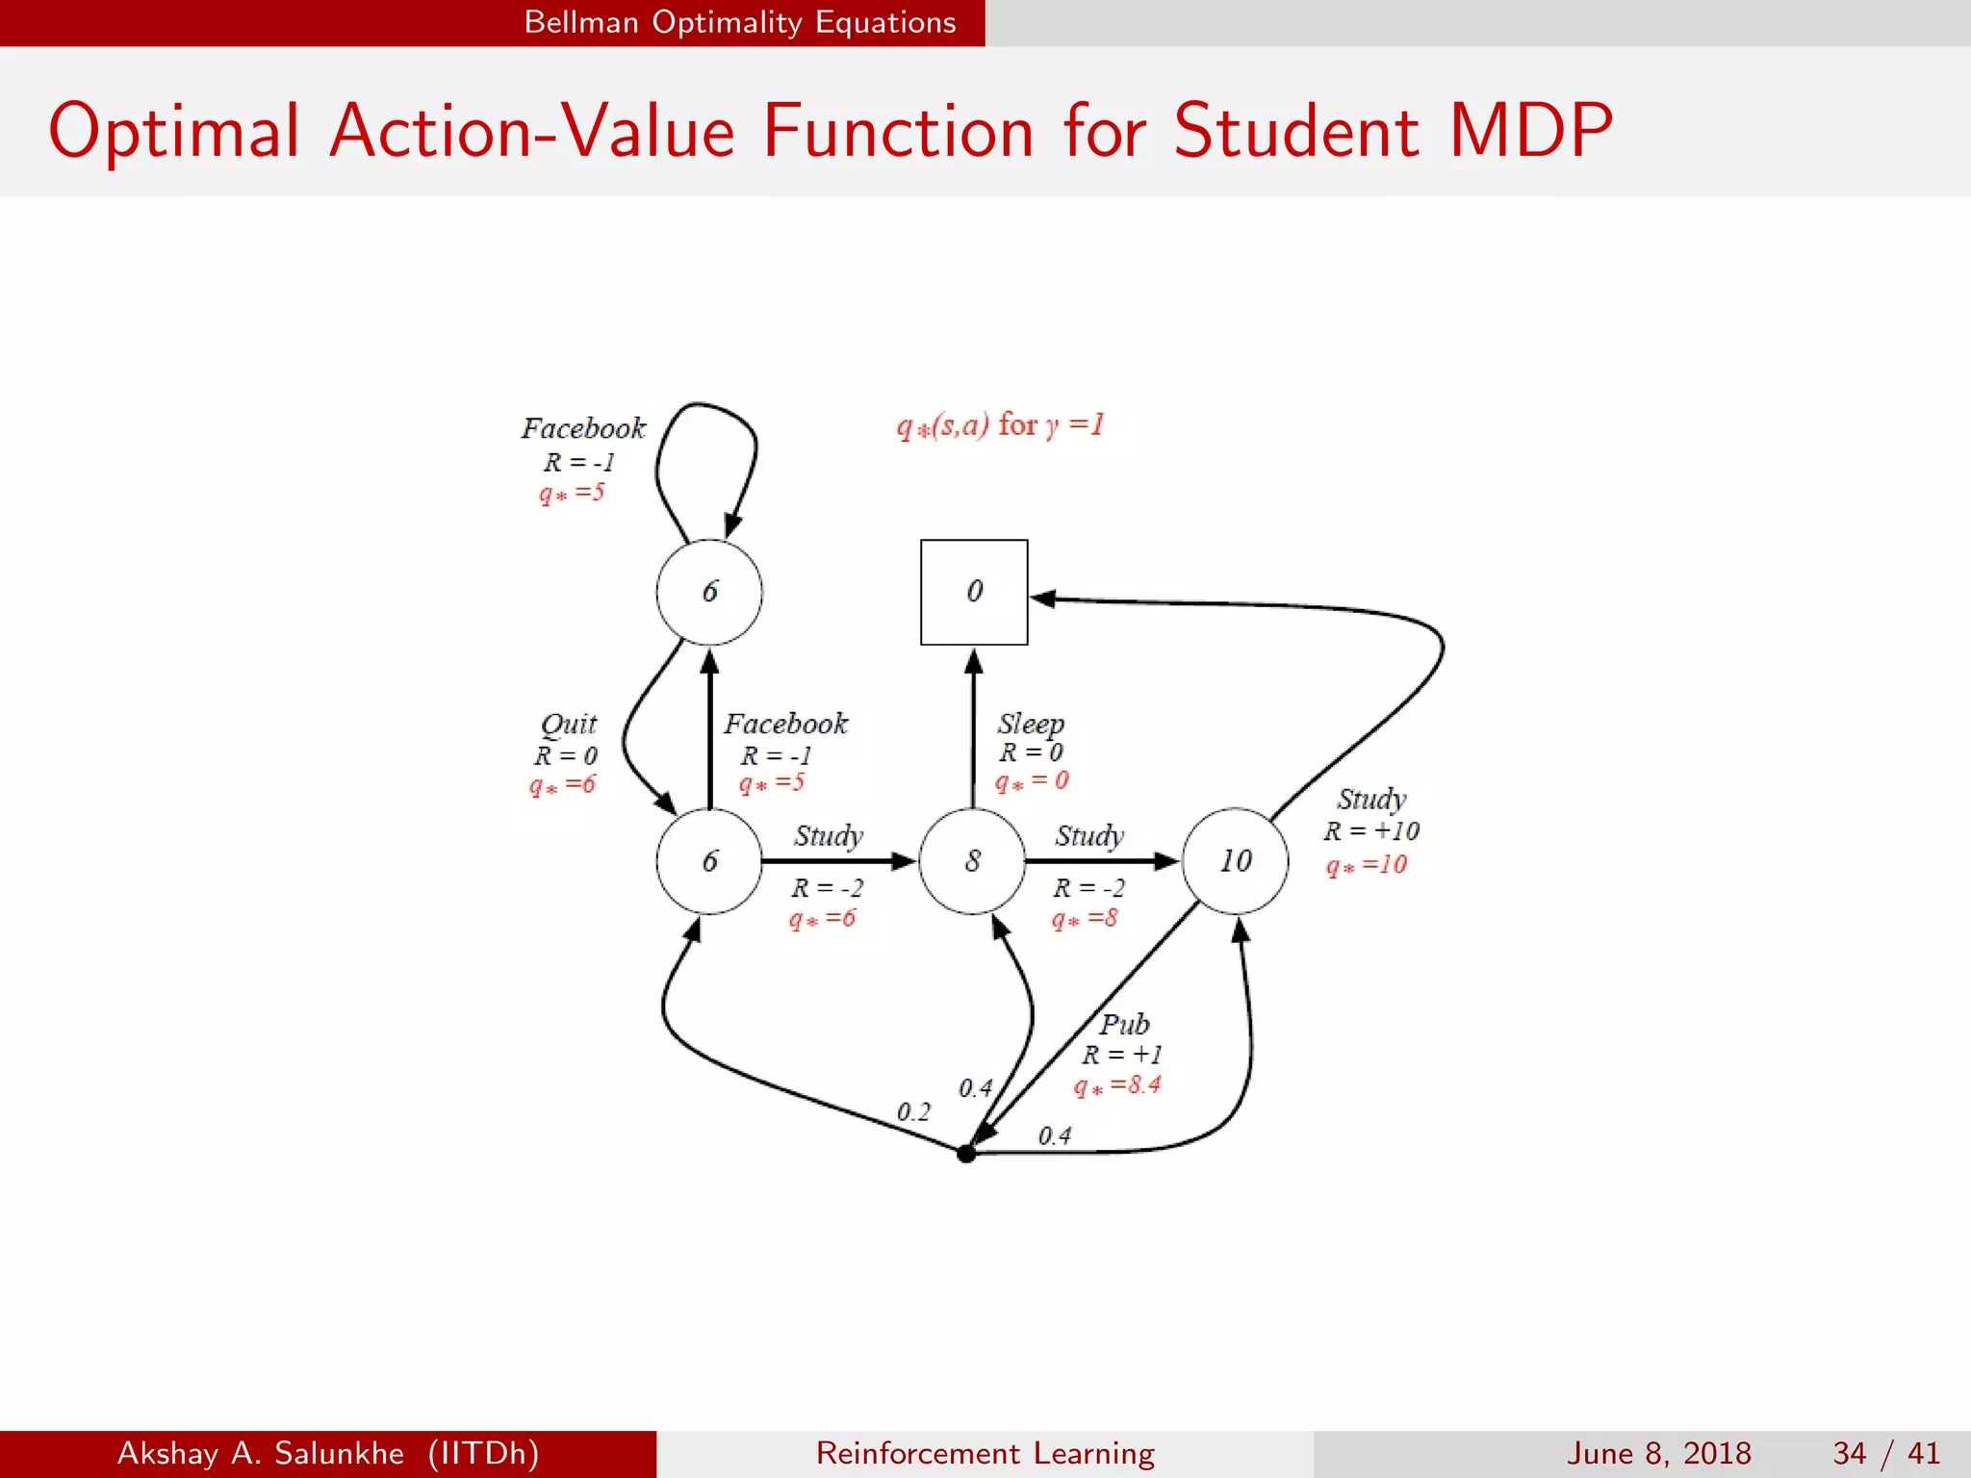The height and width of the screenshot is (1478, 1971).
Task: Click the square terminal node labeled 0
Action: point(974,592)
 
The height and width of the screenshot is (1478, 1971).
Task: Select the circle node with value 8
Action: point(972,861)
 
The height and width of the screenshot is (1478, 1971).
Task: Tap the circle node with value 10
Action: point(1236,861)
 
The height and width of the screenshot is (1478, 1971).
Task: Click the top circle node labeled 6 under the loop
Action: point(709,592)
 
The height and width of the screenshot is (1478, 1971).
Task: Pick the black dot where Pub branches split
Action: point(966,1154)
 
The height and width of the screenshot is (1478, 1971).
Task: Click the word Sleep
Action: point(1030,723)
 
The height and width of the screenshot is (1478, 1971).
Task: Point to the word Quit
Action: point(569,724)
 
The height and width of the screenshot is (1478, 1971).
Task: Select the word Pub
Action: point(1124,1024)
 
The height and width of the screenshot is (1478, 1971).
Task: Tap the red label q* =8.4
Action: point(1117,1086)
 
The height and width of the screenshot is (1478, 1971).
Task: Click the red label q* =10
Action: point(1366,865)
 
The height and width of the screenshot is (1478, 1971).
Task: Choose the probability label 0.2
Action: point(913,1112)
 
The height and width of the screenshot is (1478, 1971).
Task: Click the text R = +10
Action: point(1370,831)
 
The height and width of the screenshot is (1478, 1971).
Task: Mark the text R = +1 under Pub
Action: point(1121,1055)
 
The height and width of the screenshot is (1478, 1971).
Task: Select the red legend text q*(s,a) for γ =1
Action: point(1000,425)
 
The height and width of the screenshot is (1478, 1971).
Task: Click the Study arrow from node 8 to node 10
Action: point(1102,861)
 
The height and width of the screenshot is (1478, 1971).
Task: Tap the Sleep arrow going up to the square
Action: point(973,731)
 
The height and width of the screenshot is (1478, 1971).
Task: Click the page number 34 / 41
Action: point(1885,1453)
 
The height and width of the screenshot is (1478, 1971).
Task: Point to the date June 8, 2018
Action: point(1659,1453)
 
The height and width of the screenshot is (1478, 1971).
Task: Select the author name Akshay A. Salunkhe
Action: point(260,1453)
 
